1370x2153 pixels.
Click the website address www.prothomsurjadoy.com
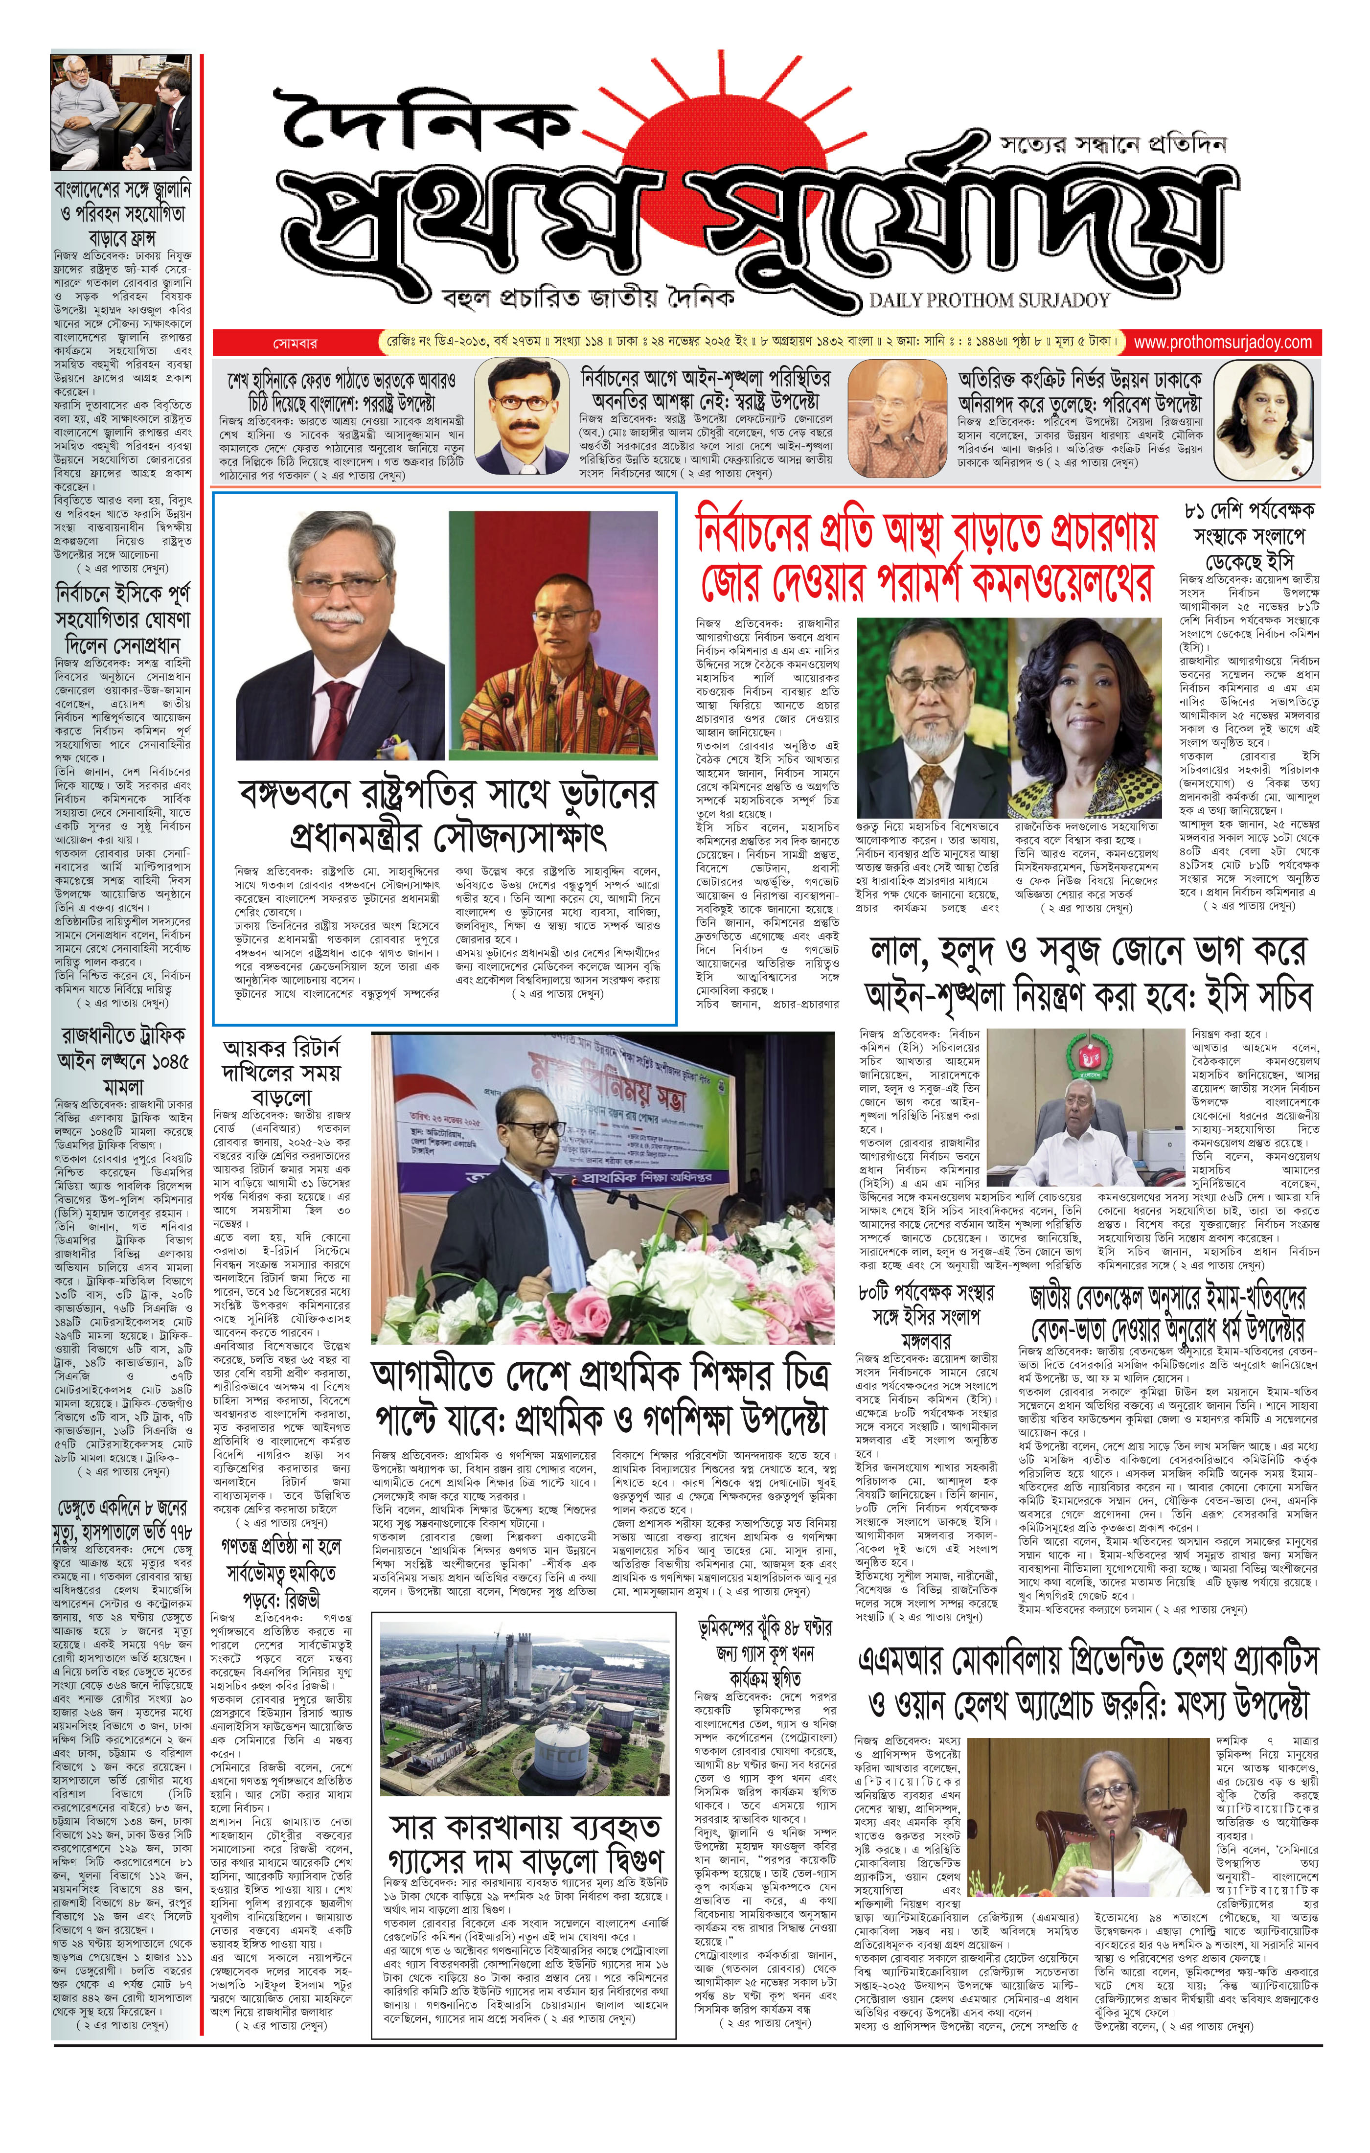click(1222, 343)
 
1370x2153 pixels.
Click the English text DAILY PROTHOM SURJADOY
click(989, 301)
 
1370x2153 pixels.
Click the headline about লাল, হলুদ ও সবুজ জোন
click(1087, 974)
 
